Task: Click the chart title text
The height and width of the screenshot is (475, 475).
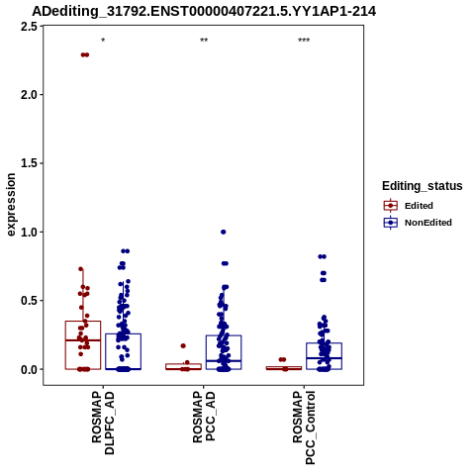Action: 204,12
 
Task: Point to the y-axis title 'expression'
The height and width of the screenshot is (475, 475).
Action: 11,205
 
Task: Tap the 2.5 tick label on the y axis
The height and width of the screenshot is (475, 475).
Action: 29,27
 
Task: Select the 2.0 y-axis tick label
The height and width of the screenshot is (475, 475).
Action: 29,95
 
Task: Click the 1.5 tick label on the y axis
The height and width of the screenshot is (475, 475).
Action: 29,163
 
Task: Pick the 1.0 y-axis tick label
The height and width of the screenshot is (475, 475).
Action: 29,233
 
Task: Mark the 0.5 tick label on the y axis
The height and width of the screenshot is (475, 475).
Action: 29,301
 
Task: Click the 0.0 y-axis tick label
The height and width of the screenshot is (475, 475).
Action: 29,370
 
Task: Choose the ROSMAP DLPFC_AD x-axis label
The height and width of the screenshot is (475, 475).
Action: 103,423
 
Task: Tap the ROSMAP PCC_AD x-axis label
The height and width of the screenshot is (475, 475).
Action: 204,417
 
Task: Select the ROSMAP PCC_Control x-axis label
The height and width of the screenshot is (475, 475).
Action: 304,427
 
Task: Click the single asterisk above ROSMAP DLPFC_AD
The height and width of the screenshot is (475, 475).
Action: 103,41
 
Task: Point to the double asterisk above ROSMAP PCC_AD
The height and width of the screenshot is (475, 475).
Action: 204,41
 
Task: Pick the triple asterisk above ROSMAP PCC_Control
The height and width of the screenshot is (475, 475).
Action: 304,41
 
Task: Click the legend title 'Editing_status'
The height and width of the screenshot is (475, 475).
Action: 423,186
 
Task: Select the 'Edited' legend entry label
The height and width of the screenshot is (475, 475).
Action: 419,206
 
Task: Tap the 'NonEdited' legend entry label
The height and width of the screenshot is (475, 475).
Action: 428,223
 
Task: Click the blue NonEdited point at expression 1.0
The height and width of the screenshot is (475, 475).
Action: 224,232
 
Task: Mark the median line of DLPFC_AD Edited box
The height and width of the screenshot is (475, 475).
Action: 83,340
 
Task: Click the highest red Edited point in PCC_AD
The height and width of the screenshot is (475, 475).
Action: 183,345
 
